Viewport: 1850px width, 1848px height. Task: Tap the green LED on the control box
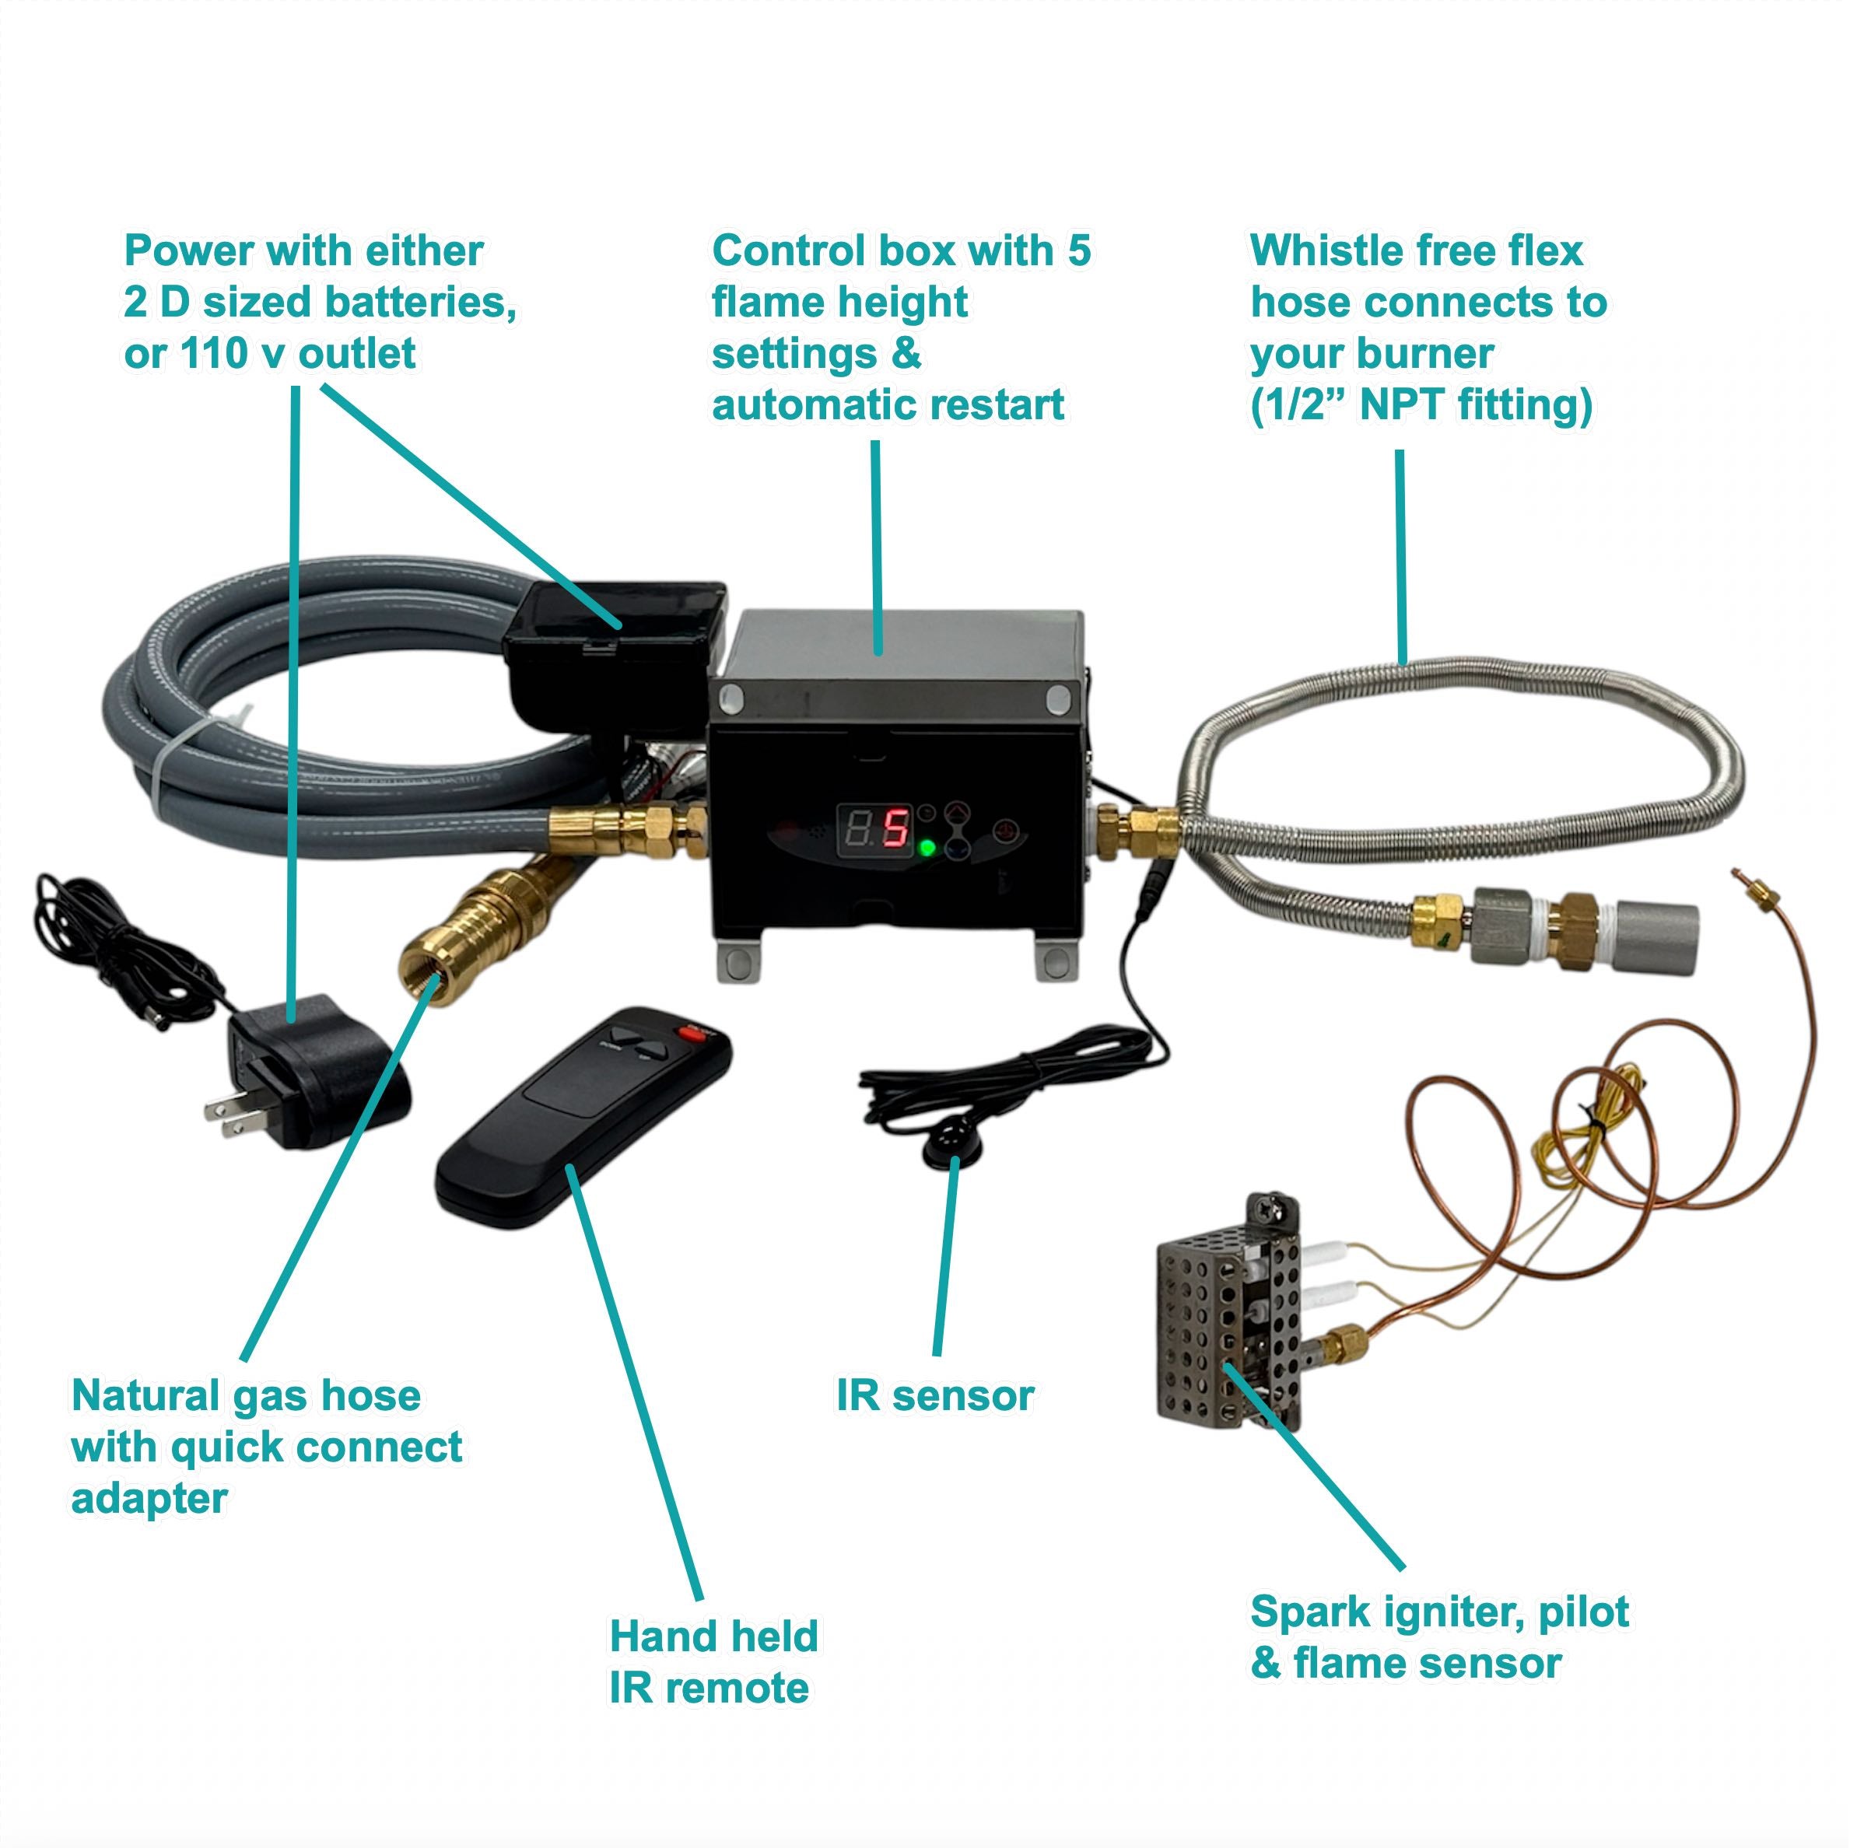[x=926, y=848]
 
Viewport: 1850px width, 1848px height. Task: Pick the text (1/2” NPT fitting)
[x=1420, y=405]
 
